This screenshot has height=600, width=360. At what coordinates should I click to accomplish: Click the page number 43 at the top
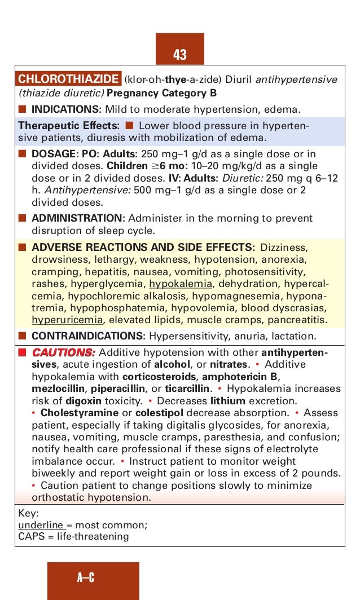180,55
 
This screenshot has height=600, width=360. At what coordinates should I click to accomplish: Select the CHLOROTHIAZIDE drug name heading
69,80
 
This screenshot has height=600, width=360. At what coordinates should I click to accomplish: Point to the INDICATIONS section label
65,108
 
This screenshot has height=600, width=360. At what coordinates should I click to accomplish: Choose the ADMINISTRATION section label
77,218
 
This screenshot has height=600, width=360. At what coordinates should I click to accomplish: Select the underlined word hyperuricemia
67,320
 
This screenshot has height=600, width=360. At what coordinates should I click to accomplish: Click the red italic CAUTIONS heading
63,352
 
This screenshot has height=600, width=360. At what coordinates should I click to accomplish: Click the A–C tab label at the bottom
86,577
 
